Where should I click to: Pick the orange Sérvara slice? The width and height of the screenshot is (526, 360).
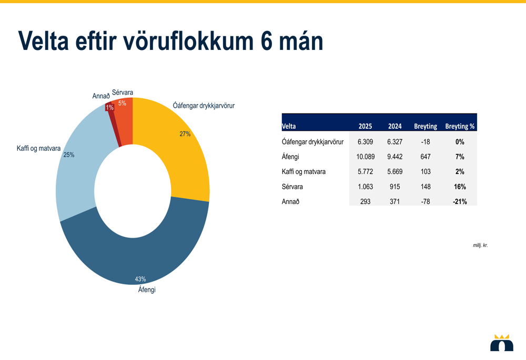click(125, 121)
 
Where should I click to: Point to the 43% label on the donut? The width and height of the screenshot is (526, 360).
click(140, 279)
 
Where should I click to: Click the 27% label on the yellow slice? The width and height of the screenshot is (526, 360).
click(185, 134)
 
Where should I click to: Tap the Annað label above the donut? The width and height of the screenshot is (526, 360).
click(101, 96)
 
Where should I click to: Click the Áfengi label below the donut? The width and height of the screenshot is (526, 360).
click(147, 290)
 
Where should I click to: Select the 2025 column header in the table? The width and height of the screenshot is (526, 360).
click(365, 126)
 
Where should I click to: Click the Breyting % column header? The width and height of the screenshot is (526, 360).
click(460, 126)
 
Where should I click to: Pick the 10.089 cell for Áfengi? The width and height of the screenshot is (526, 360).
click(366, 157)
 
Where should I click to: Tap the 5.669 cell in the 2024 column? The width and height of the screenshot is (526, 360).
click(394, 171)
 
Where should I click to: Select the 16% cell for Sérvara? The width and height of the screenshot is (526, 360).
click(460, 187)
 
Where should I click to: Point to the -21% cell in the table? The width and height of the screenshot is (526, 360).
click(460, 201)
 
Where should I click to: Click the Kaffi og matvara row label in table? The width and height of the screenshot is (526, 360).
click(304, 171)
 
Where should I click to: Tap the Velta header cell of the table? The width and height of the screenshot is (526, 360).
click(289, 126)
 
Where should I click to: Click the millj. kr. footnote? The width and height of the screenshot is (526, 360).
click(480, 245)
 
